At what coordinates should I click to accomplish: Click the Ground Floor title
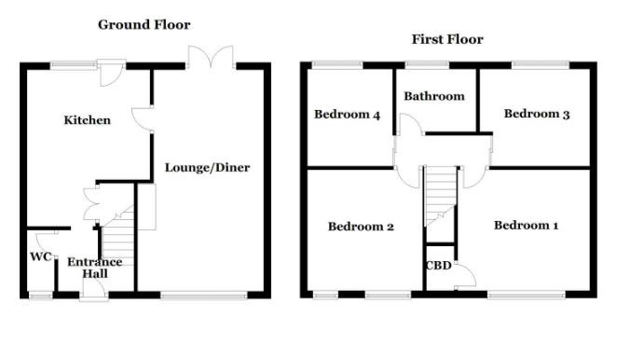(x=144, y=24)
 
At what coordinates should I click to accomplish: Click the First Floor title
(x=447, y=39)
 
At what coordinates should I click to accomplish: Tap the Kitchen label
(x=87, y=120)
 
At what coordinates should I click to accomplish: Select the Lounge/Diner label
(x=208, y=167)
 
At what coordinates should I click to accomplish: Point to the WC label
(x=41, y=256)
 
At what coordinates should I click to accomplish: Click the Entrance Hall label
(x=95, y=268)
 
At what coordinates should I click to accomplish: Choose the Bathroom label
(x=434, y=96)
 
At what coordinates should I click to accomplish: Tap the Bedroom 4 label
(x=347, y=114)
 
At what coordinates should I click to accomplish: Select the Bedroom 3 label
(x=537, y=114)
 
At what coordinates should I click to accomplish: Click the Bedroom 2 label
(x=361, y=227)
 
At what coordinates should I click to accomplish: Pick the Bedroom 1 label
(x=527, y=225)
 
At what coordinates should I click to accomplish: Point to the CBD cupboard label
(x=439, y=266)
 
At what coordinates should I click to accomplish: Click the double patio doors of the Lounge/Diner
(x=211, y=57)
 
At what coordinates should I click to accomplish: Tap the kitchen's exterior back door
(x=111, y=73)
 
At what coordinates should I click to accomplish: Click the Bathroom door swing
(x=412, y=125)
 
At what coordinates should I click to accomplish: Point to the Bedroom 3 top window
(x=541, y=64)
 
